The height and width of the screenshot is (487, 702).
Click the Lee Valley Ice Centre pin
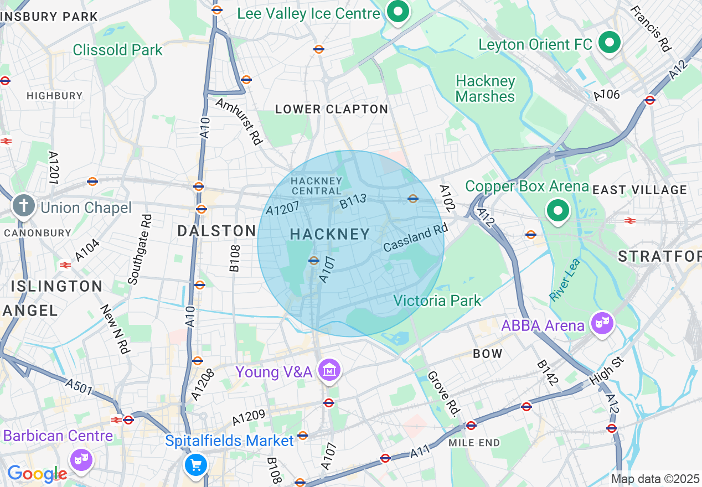pyautogui.click(x=397, y=12)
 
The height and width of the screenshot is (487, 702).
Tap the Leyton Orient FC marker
pyautogui.click(x=610, y=43)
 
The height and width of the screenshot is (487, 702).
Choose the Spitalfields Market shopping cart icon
pyautogui.click(x=195, y=465)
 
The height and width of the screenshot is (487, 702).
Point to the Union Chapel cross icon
pyautogui.click(x=24, y=206)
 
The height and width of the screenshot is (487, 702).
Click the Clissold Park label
pyautogui.click(x=118, y=50)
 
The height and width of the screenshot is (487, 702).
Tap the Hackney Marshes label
pyautogui.click(x=485, y=89)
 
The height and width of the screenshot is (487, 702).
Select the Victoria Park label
pyautogui.click(x=437, y=301)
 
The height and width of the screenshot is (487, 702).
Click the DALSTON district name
pyautogui.click(x=217, y=231)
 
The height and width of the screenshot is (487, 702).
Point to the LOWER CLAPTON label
pyautogui.click(x=332, y=109)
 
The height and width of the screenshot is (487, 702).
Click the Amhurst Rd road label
pyautogui.click(x=239, y=121)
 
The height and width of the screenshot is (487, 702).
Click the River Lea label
pyautogui.click(x=565, y=280)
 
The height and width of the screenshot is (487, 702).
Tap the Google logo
pyautogui.click(x=37, y=474)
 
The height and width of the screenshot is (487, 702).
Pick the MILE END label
pyautogui.click(x=474, y=442)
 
